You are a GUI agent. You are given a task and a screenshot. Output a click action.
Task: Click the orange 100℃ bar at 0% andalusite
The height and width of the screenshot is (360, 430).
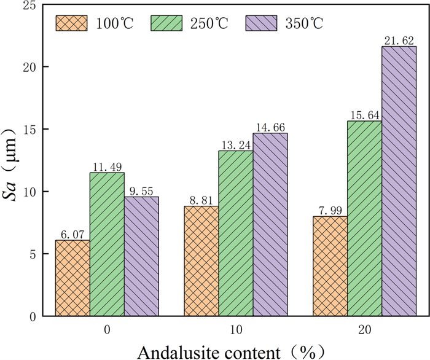coord(72,278)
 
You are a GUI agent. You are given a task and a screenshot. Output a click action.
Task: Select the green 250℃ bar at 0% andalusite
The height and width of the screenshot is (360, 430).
coord(107,245)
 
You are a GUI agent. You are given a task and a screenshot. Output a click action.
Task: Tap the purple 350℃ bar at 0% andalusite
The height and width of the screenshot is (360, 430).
coord(141,256)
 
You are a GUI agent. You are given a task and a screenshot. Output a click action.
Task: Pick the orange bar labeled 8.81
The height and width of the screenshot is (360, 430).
coord(201,261)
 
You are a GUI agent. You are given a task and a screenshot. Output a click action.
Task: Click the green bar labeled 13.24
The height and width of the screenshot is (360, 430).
coord(236,233)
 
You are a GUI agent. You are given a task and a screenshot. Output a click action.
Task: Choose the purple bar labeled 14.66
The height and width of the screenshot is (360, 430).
coord(270,224)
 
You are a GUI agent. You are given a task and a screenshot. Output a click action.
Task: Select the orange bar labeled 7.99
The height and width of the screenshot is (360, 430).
coord(330,266)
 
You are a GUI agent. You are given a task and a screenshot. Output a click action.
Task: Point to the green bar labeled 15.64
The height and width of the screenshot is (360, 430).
coord(364,218)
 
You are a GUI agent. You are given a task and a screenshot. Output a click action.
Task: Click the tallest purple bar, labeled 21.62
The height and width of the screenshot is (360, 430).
coord(399,181)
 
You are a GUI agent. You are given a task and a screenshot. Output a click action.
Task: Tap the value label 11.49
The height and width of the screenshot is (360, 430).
coord(107,166)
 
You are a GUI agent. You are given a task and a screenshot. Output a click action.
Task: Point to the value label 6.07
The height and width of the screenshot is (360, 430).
coord(72,234)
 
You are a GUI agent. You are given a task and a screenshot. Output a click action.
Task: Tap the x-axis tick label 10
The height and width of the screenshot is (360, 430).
coord(236,331)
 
